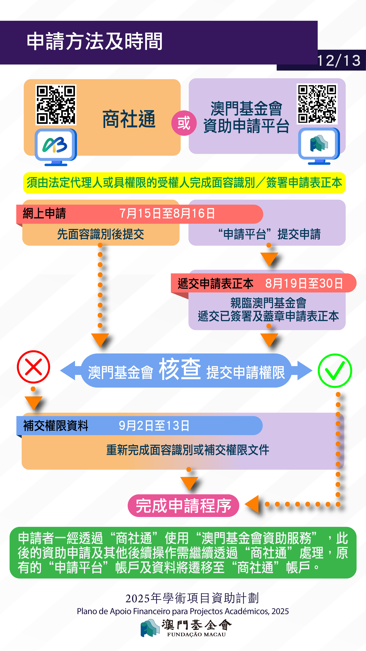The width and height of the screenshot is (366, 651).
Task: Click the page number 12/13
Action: pos(339,61)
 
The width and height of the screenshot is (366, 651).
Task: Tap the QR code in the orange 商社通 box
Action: pos(56,105)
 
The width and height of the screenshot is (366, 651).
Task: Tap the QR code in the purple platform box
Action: pos(317,104)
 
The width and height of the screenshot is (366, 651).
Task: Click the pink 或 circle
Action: pos(184,123)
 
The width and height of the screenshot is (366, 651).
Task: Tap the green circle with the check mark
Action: pos(335,370)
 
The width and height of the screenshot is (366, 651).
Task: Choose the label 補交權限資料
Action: pos(56,426)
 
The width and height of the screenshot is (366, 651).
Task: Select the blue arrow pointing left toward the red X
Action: pos(69,370)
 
